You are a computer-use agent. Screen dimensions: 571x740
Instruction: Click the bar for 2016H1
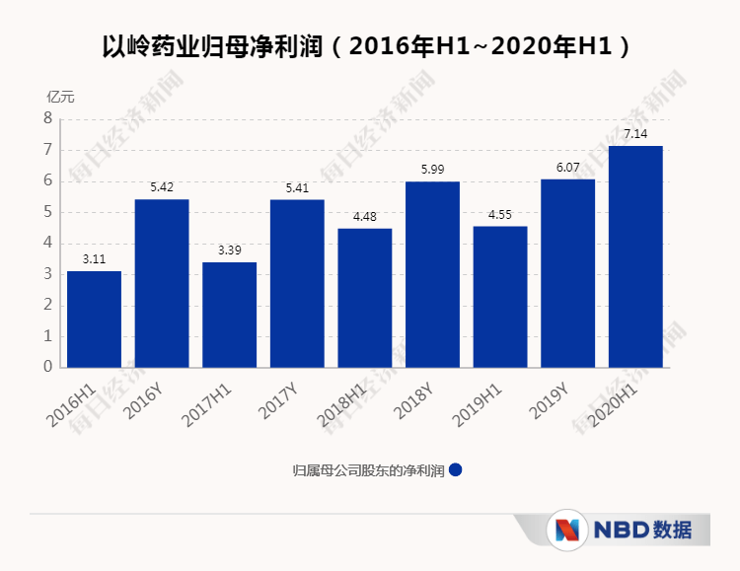tap(94, 319)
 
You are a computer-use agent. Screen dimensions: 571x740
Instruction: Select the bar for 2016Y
tap(162, 283)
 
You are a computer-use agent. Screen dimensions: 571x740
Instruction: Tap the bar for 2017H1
tap(229, 315)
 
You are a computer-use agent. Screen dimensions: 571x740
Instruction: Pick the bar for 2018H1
tap(364, 298)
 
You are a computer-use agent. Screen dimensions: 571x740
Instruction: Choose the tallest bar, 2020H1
tap(635, 256)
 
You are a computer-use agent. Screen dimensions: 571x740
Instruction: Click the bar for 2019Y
tap(567, 273)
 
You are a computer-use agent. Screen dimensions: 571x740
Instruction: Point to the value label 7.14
tap(635, 133)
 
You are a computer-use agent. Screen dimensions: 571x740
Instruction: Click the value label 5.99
tap(432, 169)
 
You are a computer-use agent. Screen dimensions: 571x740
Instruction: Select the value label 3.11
tap(94, 258)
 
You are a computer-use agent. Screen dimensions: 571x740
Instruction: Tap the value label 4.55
tap(500, 214)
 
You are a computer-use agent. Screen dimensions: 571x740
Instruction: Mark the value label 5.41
tap(297, 187)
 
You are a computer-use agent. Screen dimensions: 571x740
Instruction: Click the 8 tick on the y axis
tap(46, 118)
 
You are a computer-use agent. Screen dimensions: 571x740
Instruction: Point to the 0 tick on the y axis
tap(46, 367)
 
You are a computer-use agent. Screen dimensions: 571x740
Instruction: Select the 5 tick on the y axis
tap(46, 212)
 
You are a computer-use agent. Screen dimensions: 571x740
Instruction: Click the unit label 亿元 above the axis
tap(60, 97)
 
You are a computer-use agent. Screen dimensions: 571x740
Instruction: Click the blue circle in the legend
tap(455, 469)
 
